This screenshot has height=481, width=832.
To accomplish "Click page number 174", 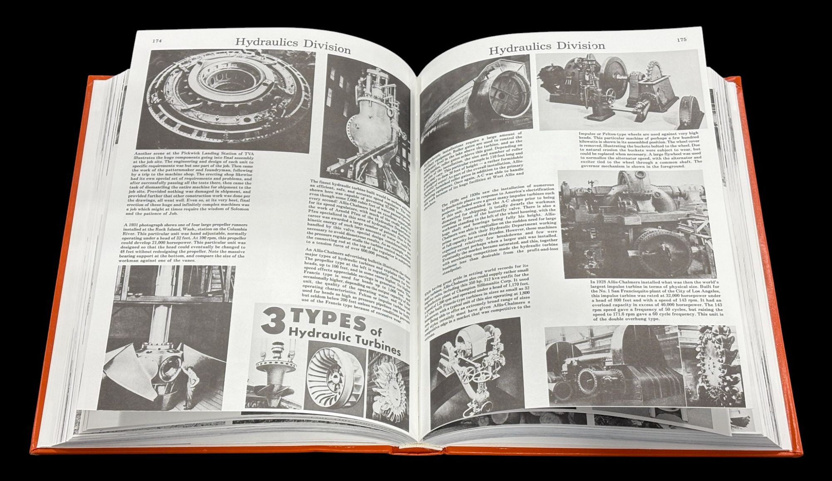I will [x=156, y=41].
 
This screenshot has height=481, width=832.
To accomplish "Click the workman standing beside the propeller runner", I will [x=191, y=383].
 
